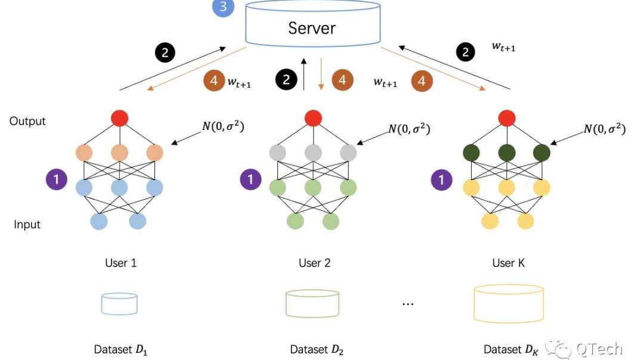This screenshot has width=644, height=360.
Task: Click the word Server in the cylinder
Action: pos(311,27)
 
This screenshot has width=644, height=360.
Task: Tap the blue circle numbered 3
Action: pos(222,7)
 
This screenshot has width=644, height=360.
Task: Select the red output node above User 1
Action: pos(120,119)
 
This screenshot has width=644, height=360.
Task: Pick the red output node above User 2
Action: pos(313,119)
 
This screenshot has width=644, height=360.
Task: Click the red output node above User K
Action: pos(507,119)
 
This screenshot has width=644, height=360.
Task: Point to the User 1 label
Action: pos(120,263)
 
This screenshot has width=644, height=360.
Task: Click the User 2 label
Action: pos(314,263)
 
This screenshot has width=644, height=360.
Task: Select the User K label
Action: pos(508,263)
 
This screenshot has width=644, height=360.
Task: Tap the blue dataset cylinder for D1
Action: pos(119,303)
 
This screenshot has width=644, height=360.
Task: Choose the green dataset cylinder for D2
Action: pos(312,304)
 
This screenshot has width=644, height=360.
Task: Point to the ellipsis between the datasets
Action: pos(408,304)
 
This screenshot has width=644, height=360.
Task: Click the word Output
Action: pos(27,121)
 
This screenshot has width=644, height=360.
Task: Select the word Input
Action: pos(27,225)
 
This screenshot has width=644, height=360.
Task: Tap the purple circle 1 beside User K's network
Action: pos(442,179)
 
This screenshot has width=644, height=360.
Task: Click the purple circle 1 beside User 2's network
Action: pos(251,179)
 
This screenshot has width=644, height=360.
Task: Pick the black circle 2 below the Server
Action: pos(286,80)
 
